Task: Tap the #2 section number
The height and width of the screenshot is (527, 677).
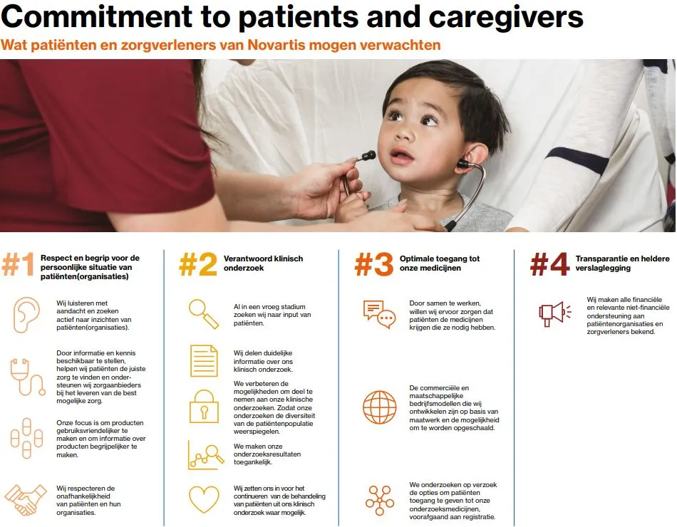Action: pyautogui.click(x=197, y=266)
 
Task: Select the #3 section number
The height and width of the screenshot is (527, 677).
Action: pyautogui.click(x=373, y=266)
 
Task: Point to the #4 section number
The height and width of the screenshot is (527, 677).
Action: pyautogui.click(x=549, y=266)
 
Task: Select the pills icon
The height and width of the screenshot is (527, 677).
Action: pyautogui.click(x=27, y=437)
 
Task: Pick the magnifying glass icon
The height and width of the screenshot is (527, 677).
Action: pyautogui.click(x=202, y=311)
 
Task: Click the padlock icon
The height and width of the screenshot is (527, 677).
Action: pyautogui.click(x=204, y=406)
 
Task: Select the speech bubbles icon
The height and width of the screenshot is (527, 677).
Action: pyautogui.click(x=378, y=314)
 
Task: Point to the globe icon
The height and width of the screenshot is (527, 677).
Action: pyautogui.click(x=379, y=407)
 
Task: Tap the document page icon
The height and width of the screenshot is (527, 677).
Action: pyautogui.click(x=204, y=360)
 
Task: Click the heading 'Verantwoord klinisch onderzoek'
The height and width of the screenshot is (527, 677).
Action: pyautogui.click(x=263, y=262)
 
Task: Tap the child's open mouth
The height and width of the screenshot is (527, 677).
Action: pyautogui.click(x=401, y=155)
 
